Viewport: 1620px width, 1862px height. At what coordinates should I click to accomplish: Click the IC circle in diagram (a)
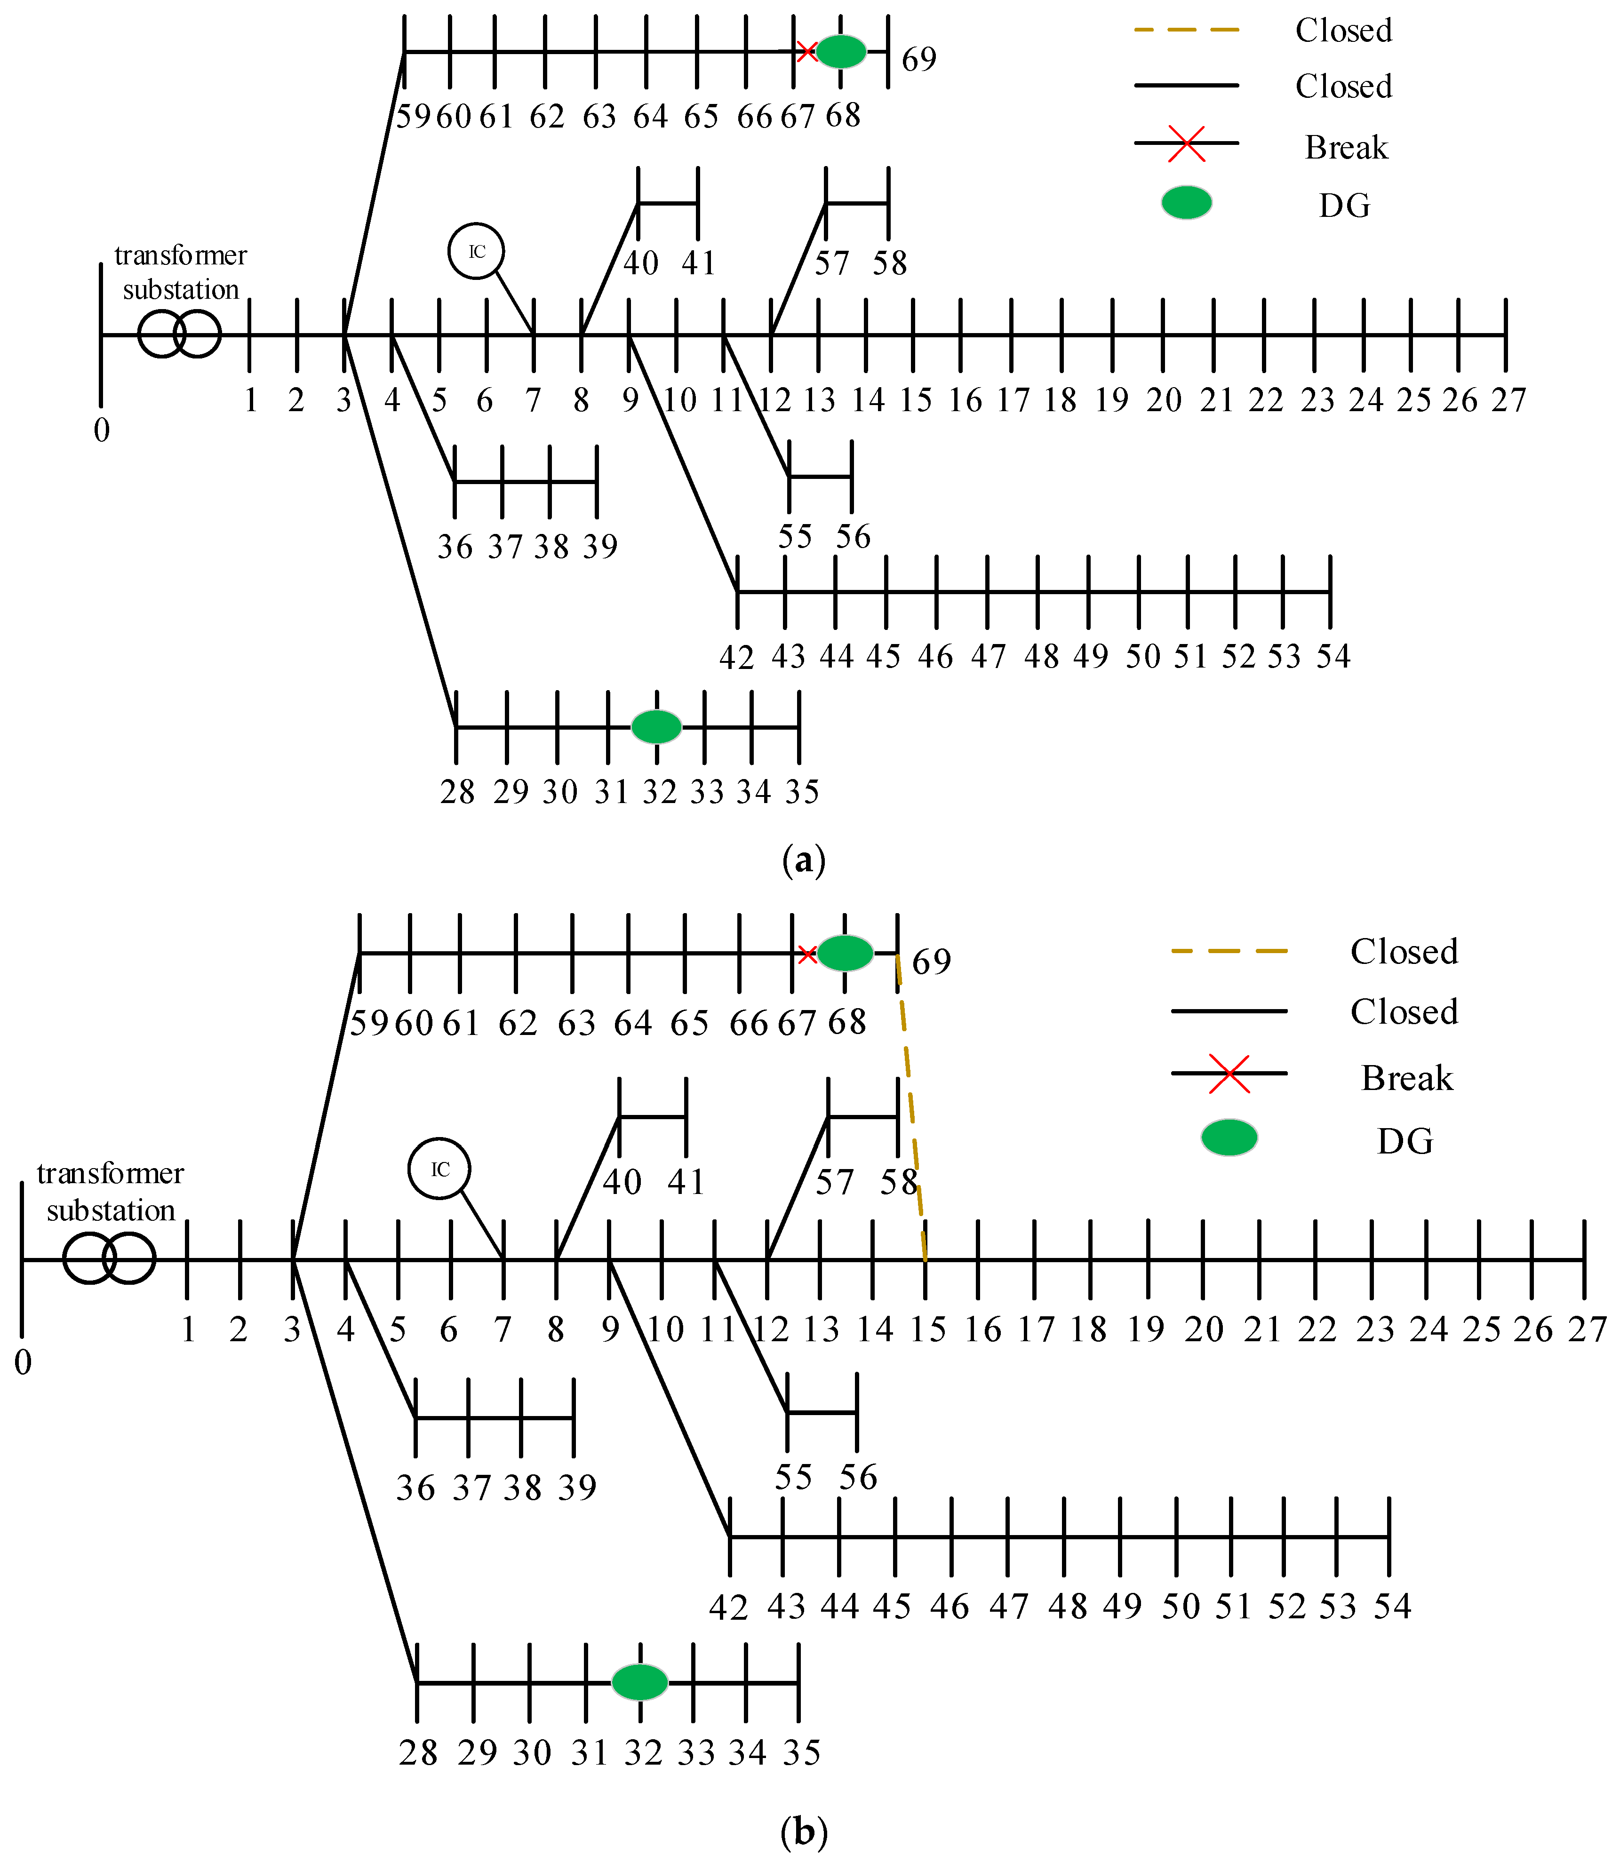tap(477, 251)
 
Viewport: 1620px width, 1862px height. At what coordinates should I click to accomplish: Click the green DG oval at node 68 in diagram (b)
tap(845, 953)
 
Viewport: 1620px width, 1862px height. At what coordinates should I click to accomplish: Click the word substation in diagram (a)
tap(181, 290)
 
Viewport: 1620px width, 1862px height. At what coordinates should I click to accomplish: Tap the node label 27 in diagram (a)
tap(1508, 399)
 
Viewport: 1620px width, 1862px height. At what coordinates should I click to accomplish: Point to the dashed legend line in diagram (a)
tap(1186, 30)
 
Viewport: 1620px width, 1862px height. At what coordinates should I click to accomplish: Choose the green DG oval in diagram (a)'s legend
tap(1186, 202)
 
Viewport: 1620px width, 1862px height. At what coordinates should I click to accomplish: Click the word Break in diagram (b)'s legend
tap(1407, 1078)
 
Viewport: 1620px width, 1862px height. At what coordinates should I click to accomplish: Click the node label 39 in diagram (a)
tap(599, 547)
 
